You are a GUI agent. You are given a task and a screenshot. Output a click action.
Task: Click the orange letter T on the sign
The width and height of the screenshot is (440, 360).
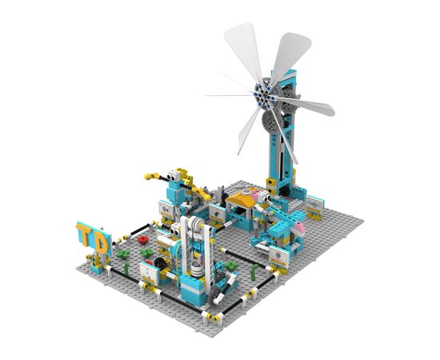[x=84, y=232]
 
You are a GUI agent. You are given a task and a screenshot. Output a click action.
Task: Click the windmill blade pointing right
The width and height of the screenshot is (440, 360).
[x=306, y=105]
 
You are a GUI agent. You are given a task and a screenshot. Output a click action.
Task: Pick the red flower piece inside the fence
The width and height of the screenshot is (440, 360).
[x=143, y=239]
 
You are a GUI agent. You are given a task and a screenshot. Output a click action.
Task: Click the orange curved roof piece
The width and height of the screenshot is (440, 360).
[x=239, y=198]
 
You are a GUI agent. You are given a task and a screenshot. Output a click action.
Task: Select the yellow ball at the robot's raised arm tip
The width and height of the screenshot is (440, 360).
[x=147, y=177]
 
